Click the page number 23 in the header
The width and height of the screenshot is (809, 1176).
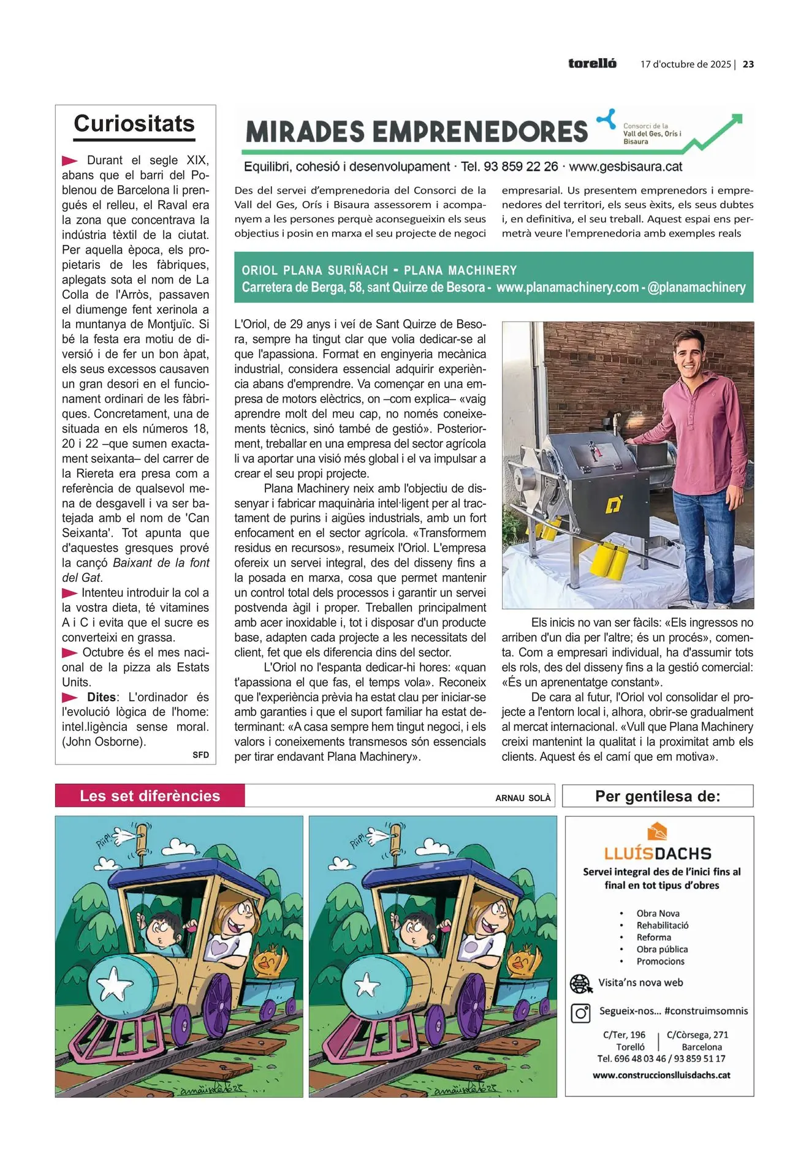(x=748, y=64)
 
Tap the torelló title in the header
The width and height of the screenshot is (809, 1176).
(x=592, y=64)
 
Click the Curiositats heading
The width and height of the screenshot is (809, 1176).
(x=134, y=124)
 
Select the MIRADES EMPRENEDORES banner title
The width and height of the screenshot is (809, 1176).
(x=417, y=132)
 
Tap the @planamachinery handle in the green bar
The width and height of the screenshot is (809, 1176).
(x=696, y=287)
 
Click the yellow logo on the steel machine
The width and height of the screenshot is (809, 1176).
(x=614, y=505)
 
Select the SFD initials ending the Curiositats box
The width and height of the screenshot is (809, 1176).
(x=201, y=755)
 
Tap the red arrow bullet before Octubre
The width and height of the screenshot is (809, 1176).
(x=70, y=652)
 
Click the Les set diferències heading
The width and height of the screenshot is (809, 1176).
(x=150, y=796)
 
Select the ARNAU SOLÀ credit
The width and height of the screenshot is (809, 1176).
(x=523, y=798)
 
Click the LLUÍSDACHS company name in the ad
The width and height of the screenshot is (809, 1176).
(x=658, y=853)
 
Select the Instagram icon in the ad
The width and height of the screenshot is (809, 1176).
(x=580, y=1013)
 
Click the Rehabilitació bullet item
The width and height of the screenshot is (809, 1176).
(x=662, y=925)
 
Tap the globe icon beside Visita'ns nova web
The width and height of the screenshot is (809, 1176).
(x=580, y=984)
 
